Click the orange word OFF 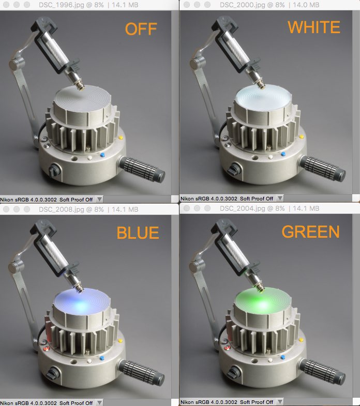point(141,29)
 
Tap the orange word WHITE point(314,27)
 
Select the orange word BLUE point(138,233)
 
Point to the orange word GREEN point(310,231)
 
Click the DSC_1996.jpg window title point(88,5)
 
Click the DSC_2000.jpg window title point(269,5)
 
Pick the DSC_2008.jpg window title point(88,209)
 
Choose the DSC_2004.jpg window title point(269,208)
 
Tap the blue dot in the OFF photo point(102,155)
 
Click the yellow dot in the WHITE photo point(301,137)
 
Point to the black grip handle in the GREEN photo point(323,372)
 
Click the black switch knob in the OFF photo point(54,170)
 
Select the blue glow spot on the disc point(82,304)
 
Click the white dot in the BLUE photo point(89,361)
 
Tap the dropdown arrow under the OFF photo point(99,199)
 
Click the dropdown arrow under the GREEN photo point(280,402)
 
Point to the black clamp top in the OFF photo point(44,25)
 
